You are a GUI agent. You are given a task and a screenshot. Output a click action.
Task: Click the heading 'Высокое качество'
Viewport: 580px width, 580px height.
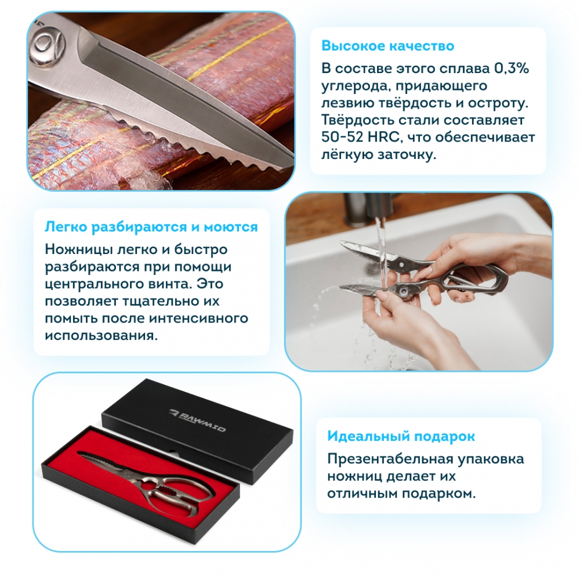pyautogui.click(x=387, y=46)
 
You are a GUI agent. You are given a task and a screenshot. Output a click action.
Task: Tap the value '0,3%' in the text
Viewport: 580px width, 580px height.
pyautogui.click(x=512, y=68)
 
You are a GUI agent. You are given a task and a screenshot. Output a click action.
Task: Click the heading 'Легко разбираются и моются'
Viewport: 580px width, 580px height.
pyautogui.click(x=151, y=227)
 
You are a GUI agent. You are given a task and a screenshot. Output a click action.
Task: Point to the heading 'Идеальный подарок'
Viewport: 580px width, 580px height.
pyautogui.click(x=401, y=436)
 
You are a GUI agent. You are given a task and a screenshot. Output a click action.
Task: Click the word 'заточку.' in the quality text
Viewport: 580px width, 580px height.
pyautogui.click(x=407, y=155)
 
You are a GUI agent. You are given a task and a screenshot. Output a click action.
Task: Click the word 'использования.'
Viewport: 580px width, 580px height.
pyautogui.click(x=101, y=336)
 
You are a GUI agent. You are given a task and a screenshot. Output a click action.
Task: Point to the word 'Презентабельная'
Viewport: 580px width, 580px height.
pyautogui.click(x=390, y=459)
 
